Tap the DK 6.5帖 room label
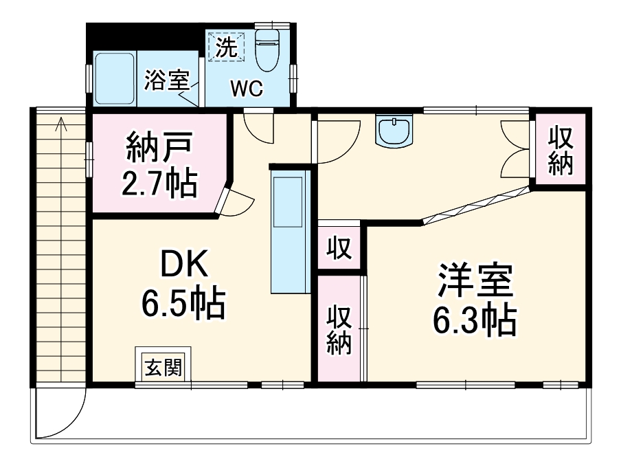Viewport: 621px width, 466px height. pyautogui.click(x=183, y=283)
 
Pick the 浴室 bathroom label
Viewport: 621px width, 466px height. pyautogui.click(x=166, y=80)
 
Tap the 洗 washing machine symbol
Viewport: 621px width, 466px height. pyautogui.click(x=227, y=47)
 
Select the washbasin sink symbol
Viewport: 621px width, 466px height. pyautogui.click(x=394, y=131)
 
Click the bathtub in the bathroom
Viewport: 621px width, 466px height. pyautogui.click(x=115, y=78)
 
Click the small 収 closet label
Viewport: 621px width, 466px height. pyautogui.click(x=339, y=247)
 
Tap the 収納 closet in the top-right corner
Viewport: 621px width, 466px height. pyautogui.click(x=561, y=152)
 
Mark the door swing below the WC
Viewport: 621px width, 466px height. pyautogui.click(x=257, y=127)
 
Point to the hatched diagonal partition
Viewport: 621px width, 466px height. pyautogui.click(x=477, y=204)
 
